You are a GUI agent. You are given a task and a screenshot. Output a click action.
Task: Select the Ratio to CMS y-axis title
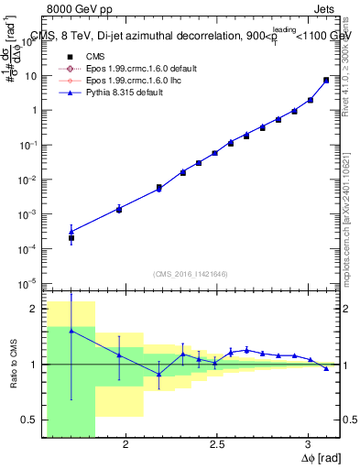coord(12,363)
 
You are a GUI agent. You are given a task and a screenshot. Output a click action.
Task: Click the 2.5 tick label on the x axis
coord(217,444)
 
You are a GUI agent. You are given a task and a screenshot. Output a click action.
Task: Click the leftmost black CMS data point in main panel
coord(71,237)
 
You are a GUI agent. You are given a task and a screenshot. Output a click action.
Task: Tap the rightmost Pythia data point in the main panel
coord(326,81)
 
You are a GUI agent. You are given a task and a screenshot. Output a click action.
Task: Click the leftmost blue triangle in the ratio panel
coord(71,331)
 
